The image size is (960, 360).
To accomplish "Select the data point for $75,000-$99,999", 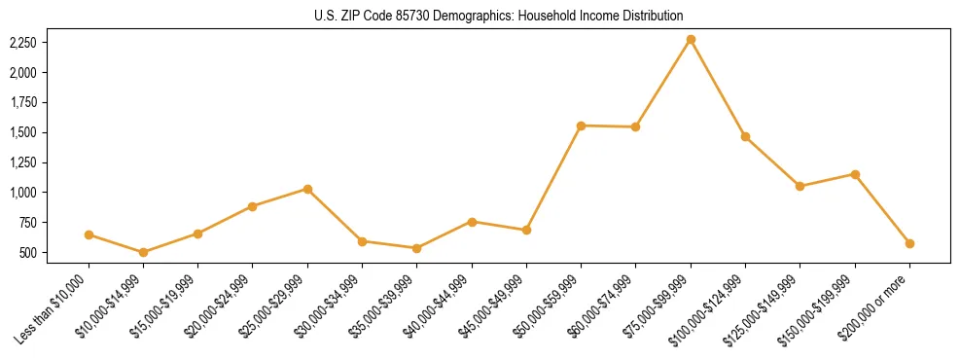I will pyautogui.click(x=691, y=40).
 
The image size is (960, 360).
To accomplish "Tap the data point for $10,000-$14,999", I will pyautogui.click(x=144, y=252).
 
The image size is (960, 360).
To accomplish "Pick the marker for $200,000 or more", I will pyautogui.click(x=909, y=243).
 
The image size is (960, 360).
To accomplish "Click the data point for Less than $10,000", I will pyautogui.click(x=89, y=234).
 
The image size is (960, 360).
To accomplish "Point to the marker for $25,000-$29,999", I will pyautogui.click(x=307, y=189).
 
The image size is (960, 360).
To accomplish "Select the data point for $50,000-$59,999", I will pyautogui.click(x=581, y=126).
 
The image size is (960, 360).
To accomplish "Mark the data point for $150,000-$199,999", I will pyautogui.click(x=855, y=174).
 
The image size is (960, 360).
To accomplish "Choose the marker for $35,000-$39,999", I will pyautogui.click(x=417, y=248).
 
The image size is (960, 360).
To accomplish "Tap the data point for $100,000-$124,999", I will pyautogui.click(x=745, y=136).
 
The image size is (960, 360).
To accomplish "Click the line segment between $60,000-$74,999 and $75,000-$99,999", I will pyautogui.click(x=663, y=83).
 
